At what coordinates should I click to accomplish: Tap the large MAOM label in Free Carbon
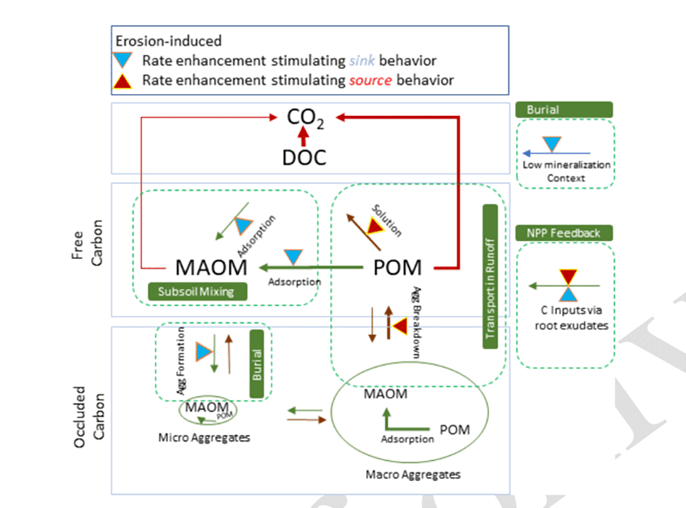click(x=211, y=267)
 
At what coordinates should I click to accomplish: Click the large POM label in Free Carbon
click(x=397, y=267)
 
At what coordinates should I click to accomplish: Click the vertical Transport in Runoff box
click(x=490, y=277)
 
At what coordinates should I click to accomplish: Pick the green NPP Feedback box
click(x=564, y=233)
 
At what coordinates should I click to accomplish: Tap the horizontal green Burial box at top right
click(x=564, y=110)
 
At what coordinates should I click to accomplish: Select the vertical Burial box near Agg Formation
click(x=256, y=364)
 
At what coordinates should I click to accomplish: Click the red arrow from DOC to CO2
click(x=304, y=136)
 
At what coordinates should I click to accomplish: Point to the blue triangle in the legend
click(x=124, y=60)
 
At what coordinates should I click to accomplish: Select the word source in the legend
click(x=370, y=80)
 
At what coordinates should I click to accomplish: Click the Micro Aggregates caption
click(x=204, y=438)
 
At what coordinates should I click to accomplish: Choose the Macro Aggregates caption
click(x=413, y=474)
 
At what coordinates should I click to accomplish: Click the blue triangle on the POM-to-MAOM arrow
click(x=294, y=257)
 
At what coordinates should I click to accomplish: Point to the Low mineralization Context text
click(x=566, y=171)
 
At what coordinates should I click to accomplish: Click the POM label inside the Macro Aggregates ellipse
click(x=454, y=430)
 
